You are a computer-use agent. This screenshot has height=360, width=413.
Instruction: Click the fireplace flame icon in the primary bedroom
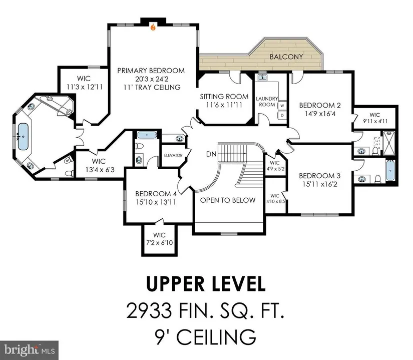[153, 27]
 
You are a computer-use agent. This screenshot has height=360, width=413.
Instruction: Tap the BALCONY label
[286, 57]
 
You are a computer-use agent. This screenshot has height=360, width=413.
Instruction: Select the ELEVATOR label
[173, 155]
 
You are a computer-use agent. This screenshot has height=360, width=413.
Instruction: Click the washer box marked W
[282, 105]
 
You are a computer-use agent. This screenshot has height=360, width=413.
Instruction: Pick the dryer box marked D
[282, 115]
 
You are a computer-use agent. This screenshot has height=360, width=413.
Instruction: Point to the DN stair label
[211, 154]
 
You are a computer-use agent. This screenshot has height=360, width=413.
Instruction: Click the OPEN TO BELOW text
[228, 200]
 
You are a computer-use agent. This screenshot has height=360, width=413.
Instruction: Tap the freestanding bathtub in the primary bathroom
[23, 136]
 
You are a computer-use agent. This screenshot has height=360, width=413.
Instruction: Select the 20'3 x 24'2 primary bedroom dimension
[151, 79]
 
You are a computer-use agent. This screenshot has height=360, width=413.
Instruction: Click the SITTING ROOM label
[224, 97]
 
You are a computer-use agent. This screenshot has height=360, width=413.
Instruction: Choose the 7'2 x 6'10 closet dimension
[159, 242]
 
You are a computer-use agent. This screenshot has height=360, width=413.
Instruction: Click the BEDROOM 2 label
[320, 105]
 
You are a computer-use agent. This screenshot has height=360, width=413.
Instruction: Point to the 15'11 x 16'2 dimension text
[320, 184]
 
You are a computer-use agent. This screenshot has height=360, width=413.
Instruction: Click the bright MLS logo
[29, 350]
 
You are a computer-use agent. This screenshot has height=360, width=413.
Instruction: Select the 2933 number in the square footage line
[149, 310]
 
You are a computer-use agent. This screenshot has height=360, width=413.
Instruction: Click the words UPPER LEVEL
[206, 283]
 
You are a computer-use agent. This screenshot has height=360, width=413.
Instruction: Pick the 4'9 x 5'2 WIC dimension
[275, 169]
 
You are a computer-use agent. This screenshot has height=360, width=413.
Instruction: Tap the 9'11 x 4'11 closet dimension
[375, 121]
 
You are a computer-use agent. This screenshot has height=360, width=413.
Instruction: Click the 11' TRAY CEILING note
[152, 87]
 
